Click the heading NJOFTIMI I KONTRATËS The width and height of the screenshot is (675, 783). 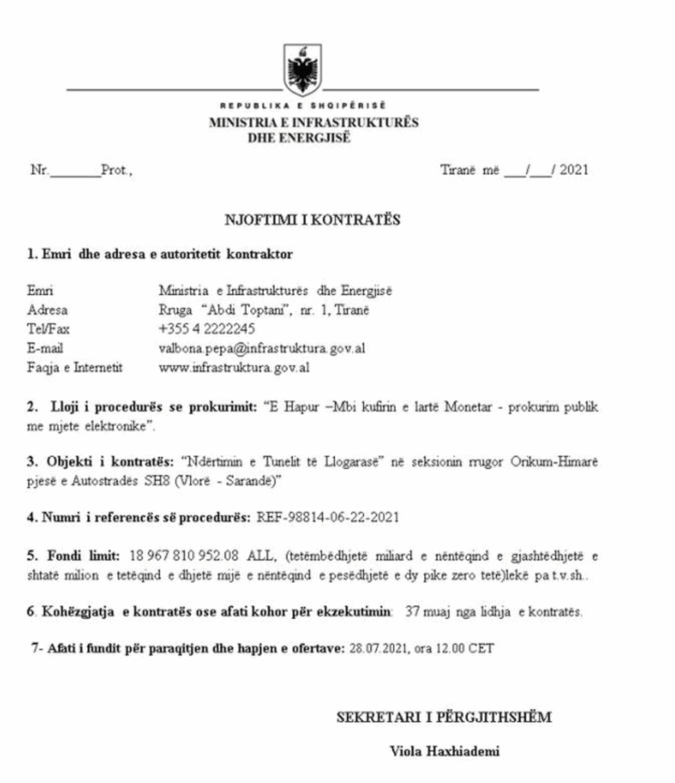coord(313,220)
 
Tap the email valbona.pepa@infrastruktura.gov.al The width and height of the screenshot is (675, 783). coord(261,348)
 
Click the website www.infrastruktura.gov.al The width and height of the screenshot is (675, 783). coord(233,368)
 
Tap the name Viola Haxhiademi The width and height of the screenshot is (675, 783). coord(444,751)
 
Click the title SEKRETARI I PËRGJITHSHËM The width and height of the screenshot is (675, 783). coord(444,717)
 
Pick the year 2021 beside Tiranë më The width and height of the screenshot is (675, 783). coord(574,171)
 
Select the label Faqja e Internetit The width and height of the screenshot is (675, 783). coord(75,368)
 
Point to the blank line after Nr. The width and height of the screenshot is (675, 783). coord(75,172)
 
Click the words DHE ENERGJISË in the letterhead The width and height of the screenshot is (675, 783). coord(299,138)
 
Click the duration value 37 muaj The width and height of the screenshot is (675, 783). coord(427,612)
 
